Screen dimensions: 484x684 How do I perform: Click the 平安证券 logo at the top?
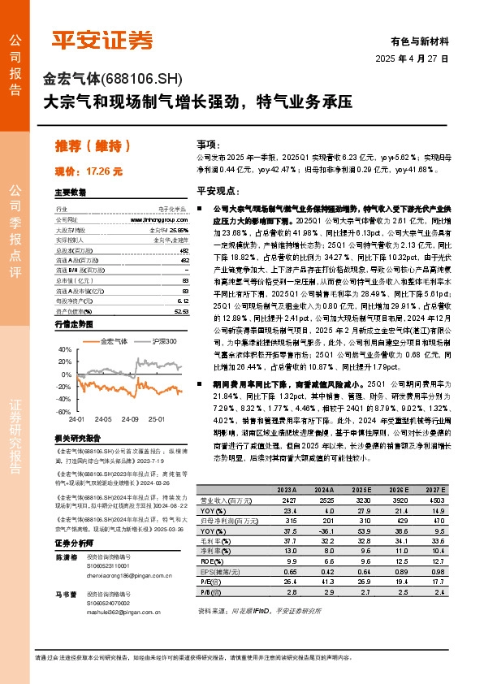pos(102,39)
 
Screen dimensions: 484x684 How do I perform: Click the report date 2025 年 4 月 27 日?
pos(412,59)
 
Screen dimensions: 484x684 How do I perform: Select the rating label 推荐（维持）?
pos(92,146)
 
